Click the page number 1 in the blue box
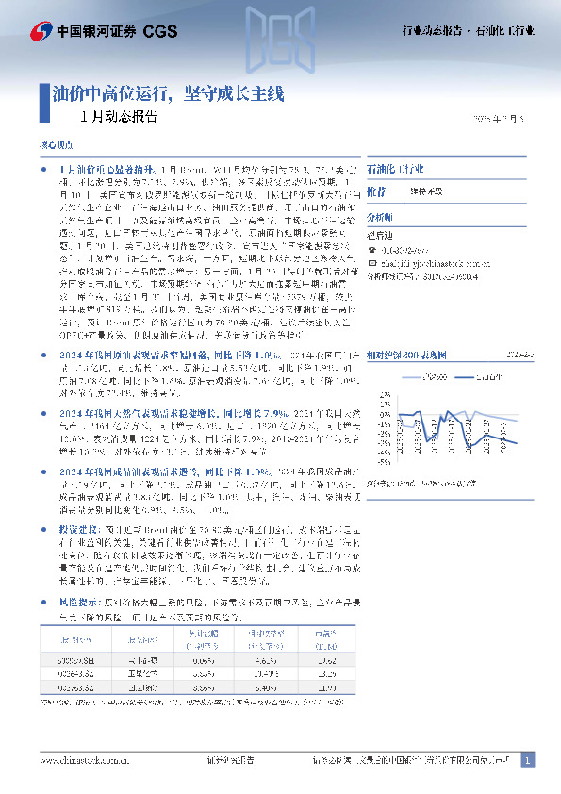click(528, 760)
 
